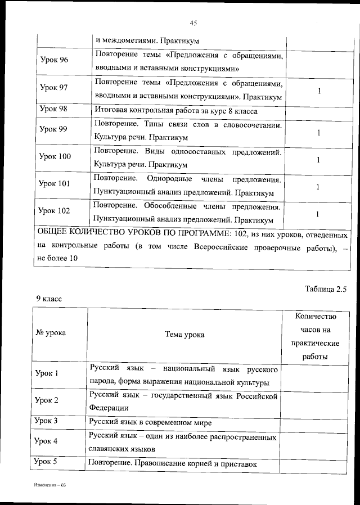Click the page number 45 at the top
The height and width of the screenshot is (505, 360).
[193, 23]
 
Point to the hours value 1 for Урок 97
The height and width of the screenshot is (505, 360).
[319, 91]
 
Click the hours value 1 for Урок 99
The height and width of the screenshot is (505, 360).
[319, 133]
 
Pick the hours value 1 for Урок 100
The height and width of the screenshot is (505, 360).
[319, 160]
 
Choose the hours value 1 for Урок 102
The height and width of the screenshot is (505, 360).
[319, 214]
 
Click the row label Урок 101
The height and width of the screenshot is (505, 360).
[55, 183]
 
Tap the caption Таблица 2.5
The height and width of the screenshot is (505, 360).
[326, 290]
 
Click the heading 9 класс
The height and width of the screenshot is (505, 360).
[49, 299]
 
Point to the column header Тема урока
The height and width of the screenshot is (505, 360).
[184, 335]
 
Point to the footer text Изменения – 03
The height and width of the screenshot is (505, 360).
[49, 485]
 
